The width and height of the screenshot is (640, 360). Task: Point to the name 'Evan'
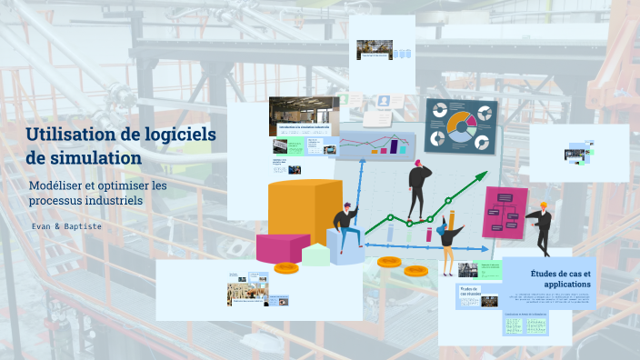pyautogui.click(x=41, y=225)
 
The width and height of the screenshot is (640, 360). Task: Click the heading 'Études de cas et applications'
pyautogui.click(x=560, y=279)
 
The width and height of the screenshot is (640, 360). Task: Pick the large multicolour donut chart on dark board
pyautogui.click(x=461, y=126)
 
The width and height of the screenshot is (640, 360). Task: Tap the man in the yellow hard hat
pyautogui.click(x=543, y=226)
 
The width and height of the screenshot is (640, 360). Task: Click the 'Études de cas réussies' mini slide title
pyautogui.click(x=469, y=292)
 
